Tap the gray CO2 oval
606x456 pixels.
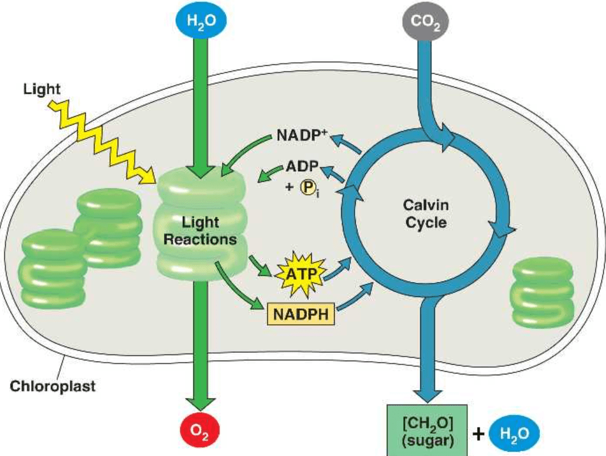coord(425,22)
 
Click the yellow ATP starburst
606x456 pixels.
coord(298,272)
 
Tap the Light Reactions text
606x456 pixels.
coord(200,231)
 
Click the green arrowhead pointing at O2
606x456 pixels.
coord(201,402)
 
